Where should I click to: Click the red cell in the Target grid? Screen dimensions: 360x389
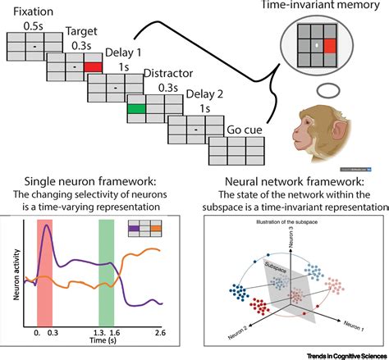pos(94,65)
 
